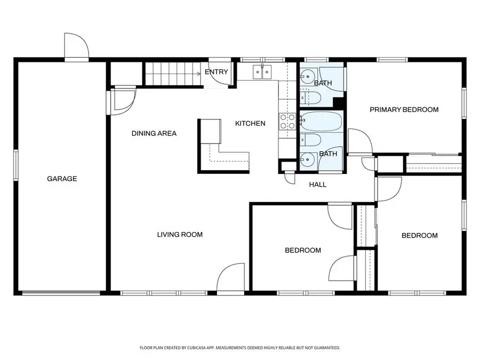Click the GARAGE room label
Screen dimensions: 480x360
[x=62, y=179]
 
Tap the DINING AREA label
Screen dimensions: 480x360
[x=154, y=133]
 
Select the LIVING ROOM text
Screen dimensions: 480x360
[x=180, y=235]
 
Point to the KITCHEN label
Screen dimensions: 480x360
[x=250, y=123]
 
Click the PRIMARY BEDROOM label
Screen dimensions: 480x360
[x=404, y=109]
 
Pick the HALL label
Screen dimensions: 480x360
[x=317, y=185]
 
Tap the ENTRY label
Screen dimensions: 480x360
[x=216, y=72]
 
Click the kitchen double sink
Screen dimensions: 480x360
[x=262, y=72]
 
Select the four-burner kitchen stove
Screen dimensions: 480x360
[x=287, y=121]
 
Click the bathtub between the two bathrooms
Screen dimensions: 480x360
[x=321, y=121]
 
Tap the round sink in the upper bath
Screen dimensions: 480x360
[x=307, y=76]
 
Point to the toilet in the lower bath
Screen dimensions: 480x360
[x=310, y=140]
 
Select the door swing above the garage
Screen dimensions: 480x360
[x=76, y=45]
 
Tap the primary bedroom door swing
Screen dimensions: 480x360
[x=360, y=141]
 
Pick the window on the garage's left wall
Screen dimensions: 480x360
[x=16, y=165]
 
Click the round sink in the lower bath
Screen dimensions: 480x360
[x=306, y=159]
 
